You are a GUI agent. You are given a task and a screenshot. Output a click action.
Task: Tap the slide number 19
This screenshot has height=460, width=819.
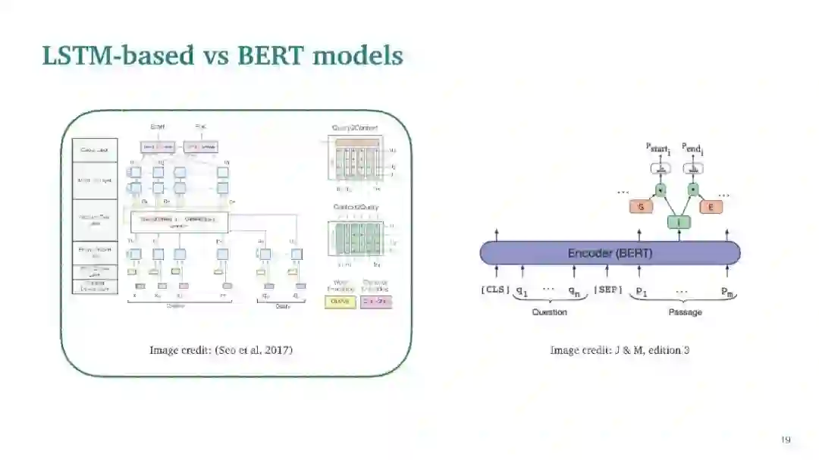(x=786, y=440)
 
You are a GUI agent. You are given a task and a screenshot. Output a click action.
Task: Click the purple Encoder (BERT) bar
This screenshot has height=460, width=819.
(x=610, y=253)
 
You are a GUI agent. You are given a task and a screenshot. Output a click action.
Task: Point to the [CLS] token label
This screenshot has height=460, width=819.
(x=495, y=290)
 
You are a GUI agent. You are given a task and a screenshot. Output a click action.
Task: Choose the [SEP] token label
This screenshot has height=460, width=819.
(x=608, y=290)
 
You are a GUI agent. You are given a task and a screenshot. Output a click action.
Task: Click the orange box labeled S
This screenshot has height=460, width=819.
(x=641, y=206)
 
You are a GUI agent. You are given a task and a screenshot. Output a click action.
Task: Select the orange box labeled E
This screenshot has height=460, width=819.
(x=711, y=206)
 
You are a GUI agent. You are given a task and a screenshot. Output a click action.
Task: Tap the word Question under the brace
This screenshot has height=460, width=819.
(x=549, y=312)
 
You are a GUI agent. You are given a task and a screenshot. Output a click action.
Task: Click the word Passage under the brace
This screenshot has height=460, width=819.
(x=684, y=312)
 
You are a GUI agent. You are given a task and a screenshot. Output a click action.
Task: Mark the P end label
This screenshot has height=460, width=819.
(x=693, y=148)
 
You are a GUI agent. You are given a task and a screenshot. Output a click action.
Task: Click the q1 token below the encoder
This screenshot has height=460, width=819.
(x=522, y=291)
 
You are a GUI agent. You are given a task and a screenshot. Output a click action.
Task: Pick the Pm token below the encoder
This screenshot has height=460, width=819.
(x=727, y=292)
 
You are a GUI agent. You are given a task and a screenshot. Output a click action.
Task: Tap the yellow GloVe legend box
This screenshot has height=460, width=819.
(x=340, y=302)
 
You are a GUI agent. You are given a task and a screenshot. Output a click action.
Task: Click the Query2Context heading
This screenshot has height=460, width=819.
(x=355, y=128)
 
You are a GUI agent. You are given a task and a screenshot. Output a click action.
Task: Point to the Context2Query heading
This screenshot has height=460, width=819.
(x=355, y=207)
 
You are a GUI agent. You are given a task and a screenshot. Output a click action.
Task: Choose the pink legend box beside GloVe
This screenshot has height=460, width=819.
(x=376, y=302)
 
